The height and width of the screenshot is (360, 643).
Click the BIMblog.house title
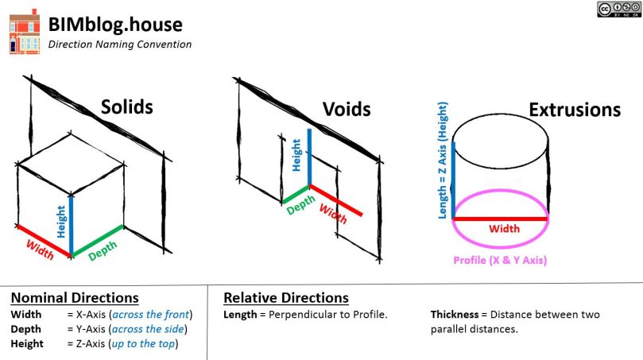115,25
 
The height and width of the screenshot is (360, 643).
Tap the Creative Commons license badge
618,10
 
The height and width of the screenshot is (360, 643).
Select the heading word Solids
126,107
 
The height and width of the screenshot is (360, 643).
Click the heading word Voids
346,109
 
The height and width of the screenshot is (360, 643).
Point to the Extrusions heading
575,109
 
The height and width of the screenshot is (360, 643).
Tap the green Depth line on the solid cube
97,241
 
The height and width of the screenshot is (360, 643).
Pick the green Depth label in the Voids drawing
300,205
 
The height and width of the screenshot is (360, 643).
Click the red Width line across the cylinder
501,218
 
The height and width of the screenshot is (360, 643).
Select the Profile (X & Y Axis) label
500,261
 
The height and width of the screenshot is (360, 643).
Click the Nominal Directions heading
75,298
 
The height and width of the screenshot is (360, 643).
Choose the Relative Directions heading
286,298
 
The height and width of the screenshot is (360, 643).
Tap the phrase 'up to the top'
145,343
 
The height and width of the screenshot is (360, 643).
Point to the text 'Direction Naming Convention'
120,45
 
